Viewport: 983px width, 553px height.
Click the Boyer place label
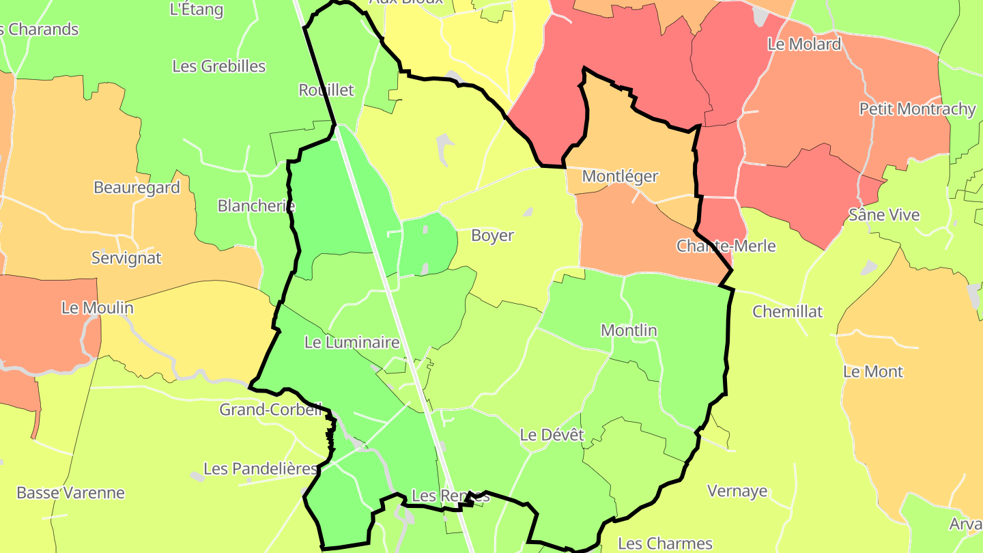point(492,236)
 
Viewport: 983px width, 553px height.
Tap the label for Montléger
point(620,176)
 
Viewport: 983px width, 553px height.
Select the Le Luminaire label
point(352,342)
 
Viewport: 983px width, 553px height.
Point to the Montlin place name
point(629,330)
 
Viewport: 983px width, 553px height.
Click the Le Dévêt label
point(552,434)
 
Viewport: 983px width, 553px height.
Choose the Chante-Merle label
point(726,246)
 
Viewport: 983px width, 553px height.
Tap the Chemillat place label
point(787,311)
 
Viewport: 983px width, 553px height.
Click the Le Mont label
point(873,371)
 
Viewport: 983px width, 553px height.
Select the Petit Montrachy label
point(917,109)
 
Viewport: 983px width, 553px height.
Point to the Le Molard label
point(804,44)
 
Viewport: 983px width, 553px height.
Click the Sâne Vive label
point(884,215)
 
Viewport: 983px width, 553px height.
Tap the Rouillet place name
point(326,90)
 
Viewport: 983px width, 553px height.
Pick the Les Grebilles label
point(218,66)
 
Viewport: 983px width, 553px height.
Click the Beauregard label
point(137,187)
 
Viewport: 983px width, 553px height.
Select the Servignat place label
point(126,257)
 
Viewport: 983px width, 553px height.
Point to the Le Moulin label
point(97,308)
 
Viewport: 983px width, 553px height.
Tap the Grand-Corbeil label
point(270,410)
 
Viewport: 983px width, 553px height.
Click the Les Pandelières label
point(261,469)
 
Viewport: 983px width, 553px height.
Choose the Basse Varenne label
point(70,493)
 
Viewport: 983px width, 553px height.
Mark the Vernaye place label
point(737,491)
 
